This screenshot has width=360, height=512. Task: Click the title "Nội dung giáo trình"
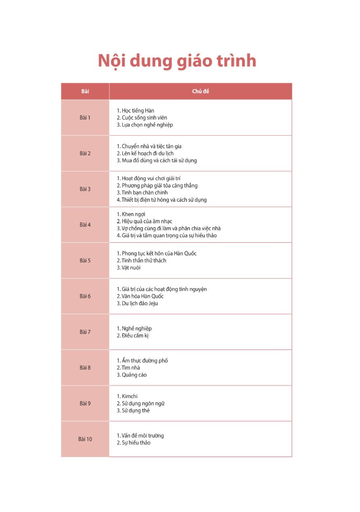pos(177,61)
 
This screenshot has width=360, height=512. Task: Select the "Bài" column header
pos(85,91)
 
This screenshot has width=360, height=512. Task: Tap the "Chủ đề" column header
pos(200,91)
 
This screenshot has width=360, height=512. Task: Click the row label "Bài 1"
pos(85,118)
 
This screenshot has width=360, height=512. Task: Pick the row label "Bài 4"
pos(85,225)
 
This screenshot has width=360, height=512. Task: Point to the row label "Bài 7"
pos(85,332)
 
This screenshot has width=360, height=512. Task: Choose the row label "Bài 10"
pos(85,439)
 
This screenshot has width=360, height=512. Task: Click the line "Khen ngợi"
pos(133,214)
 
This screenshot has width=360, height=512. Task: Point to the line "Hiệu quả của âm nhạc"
pos(147,221)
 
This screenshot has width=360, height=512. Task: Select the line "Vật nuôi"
pos(131,267)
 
